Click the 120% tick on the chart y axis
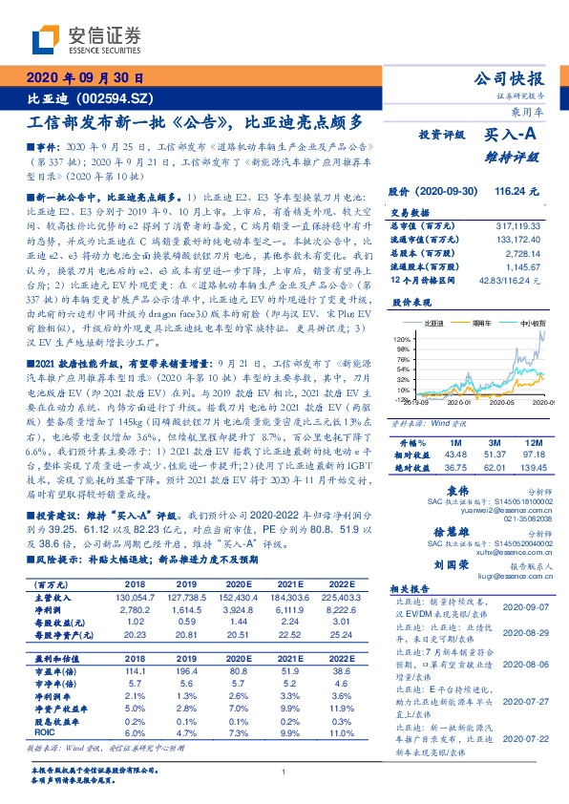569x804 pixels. [401, 339]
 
